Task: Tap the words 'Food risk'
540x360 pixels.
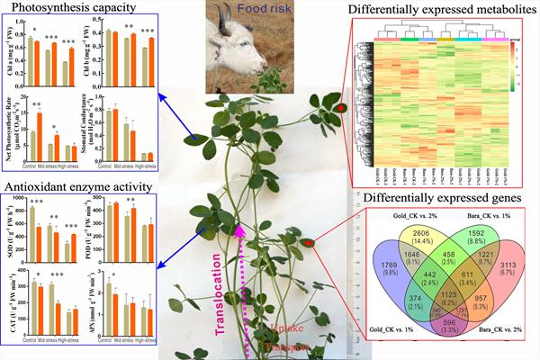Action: [x=260, y=14]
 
